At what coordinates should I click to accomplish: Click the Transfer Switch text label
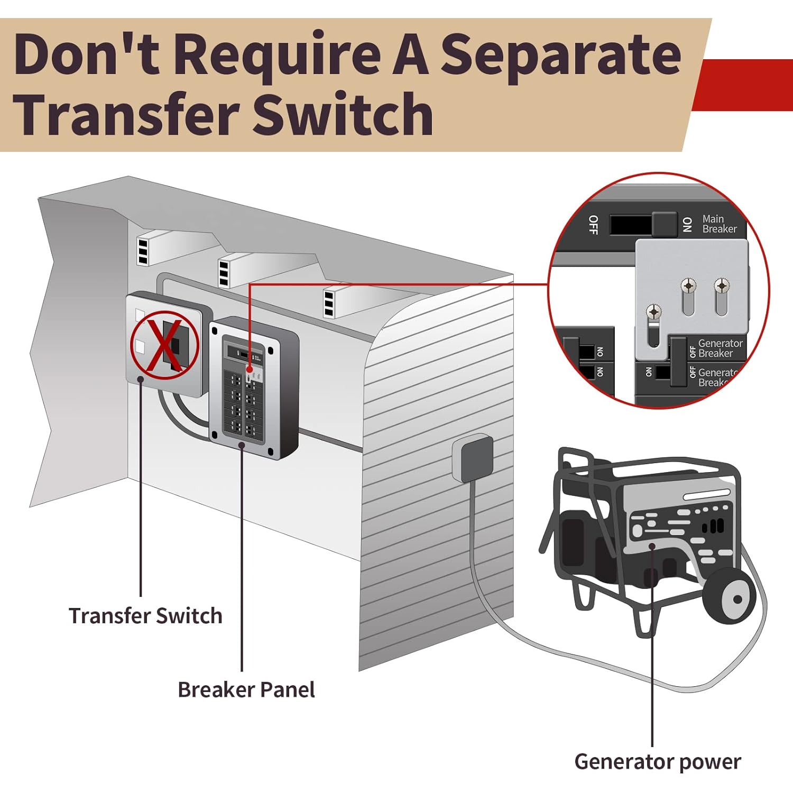click(x=145, y=616)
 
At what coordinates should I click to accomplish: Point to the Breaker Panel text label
click(x=246, y=690)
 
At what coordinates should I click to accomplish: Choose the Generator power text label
click(x=658, y=762)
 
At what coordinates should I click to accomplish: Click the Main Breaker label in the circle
click(x=719, y=224)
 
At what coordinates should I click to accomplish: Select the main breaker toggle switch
click(x=664, y=224)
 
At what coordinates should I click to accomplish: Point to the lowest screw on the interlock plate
click(x=654, y=312)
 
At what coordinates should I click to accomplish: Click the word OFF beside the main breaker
click(x=593, y=225)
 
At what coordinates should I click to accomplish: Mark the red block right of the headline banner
click(x=745, y=85)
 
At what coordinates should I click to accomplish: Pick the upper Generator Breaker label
click(x=720, y=348)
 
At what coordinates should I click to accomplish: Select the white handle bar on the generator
click(x=706, y=496)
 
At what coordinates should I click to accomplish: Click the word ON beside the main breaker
click(x=687, y=225)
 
